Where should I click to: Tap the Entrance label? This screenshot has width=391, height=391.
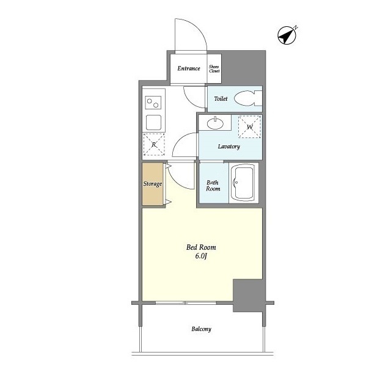[x=189, y=68]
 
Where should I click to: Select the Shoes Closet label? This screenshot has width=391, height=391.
[x=214, y=69]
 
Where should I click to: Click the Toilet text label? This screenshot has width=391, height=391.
[x=221, y=98]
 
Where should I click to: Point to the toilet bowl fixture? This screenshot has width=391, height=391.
[x=247, y=98]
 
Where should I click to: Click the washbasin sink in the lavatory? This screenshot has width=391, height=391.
[x=214, y=124]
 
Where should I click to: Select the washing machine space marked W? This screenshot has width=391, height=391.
[x=249, y=127]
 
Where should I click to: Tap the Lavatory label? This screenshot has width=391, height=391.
[x=229, y=147]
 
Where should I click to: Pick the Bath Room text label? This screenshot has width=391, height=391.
[x=213, y=185]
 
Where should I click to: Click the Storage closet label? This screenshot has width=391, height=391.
[x=153, y=184]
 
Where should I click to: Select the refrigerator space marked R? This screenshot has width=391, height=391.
[x=153, y=145]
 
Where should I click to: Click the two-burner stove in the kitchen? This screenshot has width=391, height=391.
[x=153, y=101]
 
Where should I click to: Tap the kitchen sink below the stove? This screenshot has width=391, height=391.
[x=153, y=121]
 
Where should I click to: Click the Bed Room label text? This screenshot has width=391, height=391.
[x=201, y=247]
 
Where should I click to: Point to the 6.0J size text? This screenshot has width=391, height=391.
[x=201, y=257]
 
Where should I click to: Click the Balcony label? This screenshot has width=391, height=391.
[x=201, y=329]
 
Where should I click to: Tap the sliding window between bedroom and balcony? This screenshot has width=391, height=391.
[x=186, y=302]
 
